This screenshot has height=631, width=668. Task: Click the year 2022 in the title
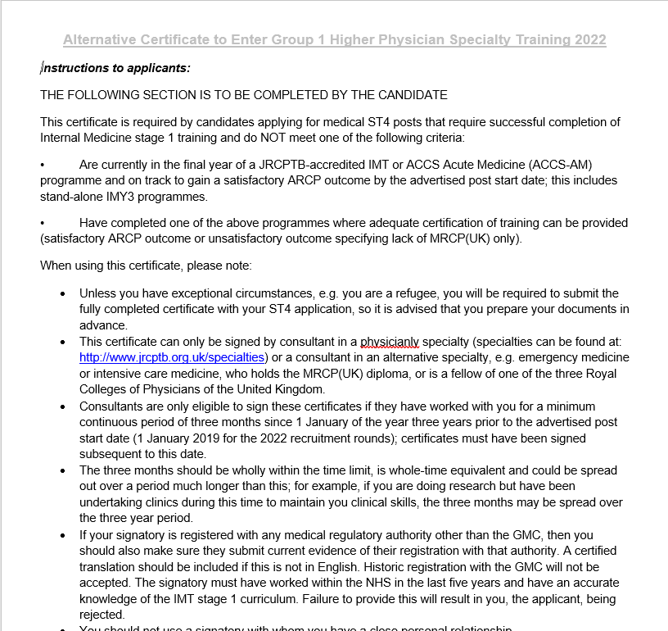coord(588,40)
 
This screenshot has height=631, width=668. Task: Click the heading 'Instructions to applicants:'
coord(115,68)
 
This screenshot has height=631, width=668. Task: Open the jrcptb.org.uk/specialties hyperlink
coord(172,357)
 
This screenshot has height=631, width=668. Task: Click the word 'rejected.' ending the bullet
coord(102,614)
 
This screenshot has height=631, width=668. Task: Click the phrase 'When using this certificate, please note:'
coord(146,266)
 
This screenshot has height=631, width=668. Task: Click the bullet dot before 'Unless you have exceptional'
coord(62,293)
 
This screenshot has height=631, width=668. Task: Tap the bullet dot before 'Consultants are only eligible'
coord(62,406)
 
